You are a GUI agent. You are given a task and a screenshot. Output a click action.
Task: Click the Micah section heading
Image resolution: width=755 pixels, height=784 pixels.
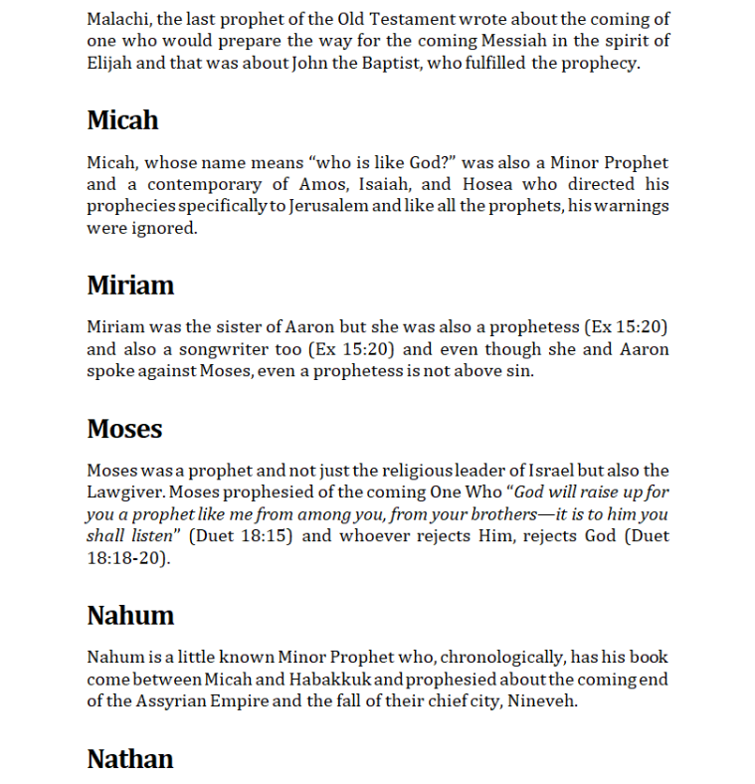pyautogui.click(x=122, y=120)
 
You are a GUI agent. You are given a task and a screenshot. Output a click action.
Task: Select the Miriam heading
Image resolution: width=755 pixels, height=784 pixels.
pyautogui.click(x=130, y=286)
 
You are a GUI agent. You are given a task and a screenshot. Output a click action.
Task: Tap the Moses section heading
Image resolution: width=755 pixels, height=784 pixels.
pyautogui.click(x=124, y=429)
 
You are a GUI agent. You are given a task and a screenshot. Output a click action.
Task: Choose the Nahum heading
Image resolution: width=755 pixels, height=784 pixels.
pyautogui.click(x=130, y=616)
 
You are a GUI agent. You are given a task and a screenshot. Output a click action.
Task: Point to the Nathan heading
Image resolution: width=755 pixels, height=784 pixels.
pyautogui.click(x=130, y=759)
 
